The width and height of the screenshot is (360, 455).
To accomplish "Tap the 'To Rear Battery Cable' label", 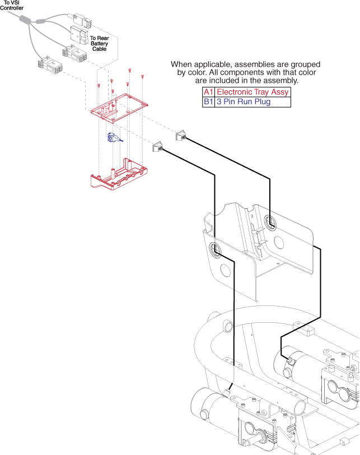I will (x=99, y=43).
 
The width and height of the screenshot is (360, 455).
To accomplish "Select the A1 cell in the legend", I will (x=208, y=92).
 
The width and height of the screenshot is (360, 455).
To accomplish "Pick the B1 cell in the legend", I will (x=208, y=102).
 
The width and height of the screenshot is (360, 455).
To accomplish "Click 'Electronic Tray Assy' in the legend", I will (x=253, y=92).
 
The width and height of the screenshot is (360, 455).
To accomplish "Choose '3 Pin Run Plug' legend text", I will (x=244, y=102).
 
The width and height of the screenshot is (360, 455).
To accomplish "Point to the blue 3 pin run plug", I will (x=113, y=137).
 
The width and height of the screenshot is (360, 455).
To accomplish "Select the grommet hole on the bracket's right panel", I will (x=270, y=223).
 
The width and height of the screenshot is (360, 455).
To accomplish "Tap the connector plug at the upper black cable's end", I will (x=182, y=136).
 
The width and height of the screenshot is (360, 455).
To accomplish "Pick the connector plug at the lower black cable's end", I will (x=157, y=147).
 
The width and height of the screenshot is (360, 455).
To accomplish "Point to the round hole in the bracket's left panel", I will (x=225, y=271).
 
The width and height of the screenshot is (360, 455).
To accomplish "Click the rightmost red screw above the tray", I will (x=143, y=76).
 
